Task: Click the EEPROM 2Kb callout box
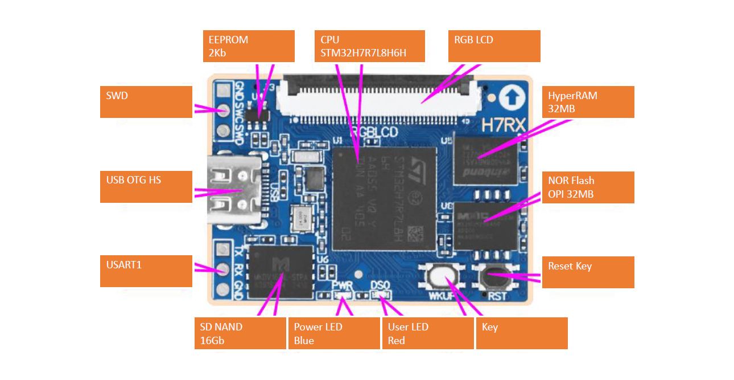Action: point(249,46)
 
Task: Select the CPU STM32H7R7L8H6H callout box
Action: point(369,46)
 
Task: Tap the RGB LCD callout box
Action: point(494,46)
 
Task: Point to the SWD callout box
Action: point(146,102)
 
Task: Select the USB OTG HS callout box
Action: point(146,186)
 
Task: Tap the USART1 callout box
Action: point(146,271)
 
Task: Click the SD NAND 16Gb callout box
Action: point(240,333)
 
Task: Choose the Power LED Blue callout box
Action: point(334,333)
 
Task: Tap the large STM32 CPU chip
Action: point(384,198)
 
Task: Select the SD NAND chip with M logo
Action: point(282,272)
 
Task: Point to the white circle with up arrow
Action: point(512,99)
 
